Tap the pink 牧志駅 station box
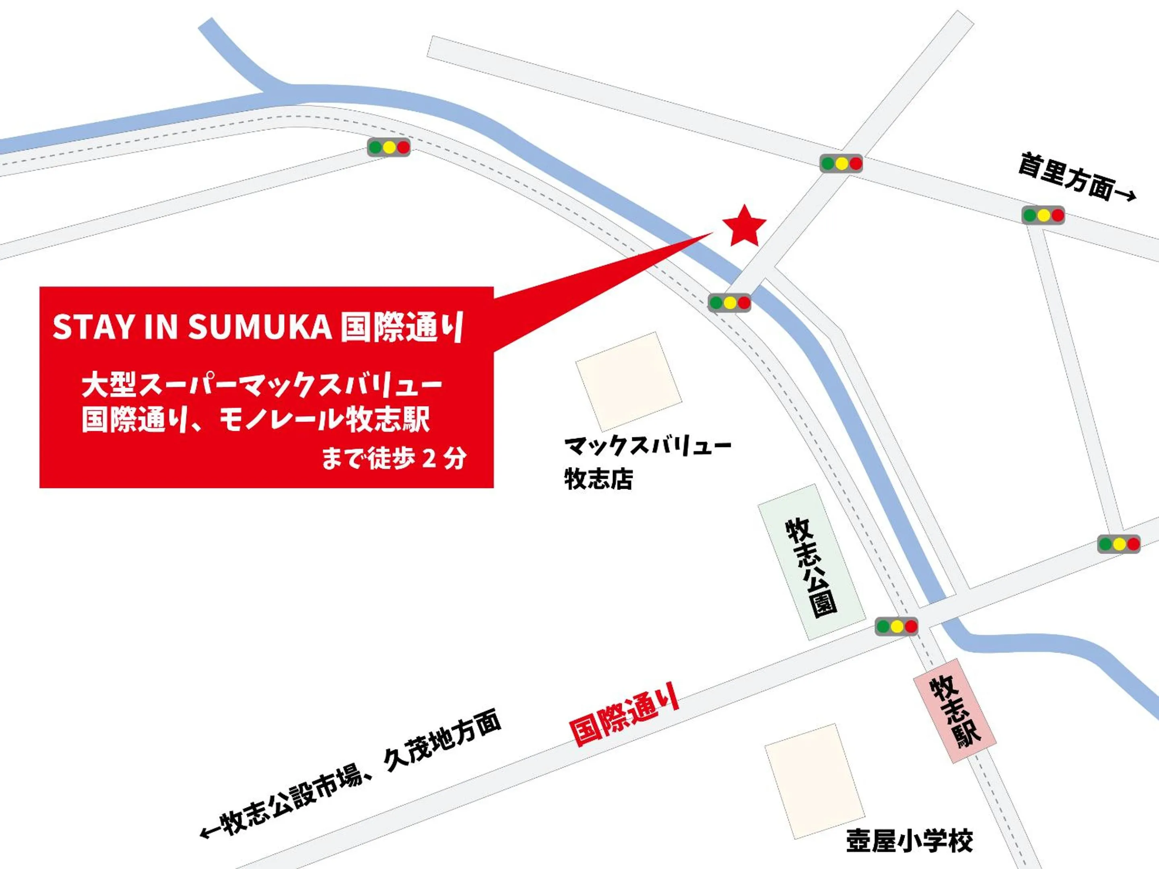coord(955,710)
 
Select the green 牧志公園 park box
coord(811,561)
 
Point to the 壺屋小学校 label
coord(909,842)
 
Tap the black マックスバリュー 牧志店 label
coord(648,461)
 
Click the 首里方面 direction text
coord(1066,176)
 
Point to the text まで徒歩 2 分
coord(393,458)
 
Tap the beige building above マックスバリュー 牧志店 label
coord(628,381)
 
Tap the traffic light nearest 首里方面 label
coord(1043,215)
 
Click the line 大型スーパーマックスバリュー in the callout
coord(262,385)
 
